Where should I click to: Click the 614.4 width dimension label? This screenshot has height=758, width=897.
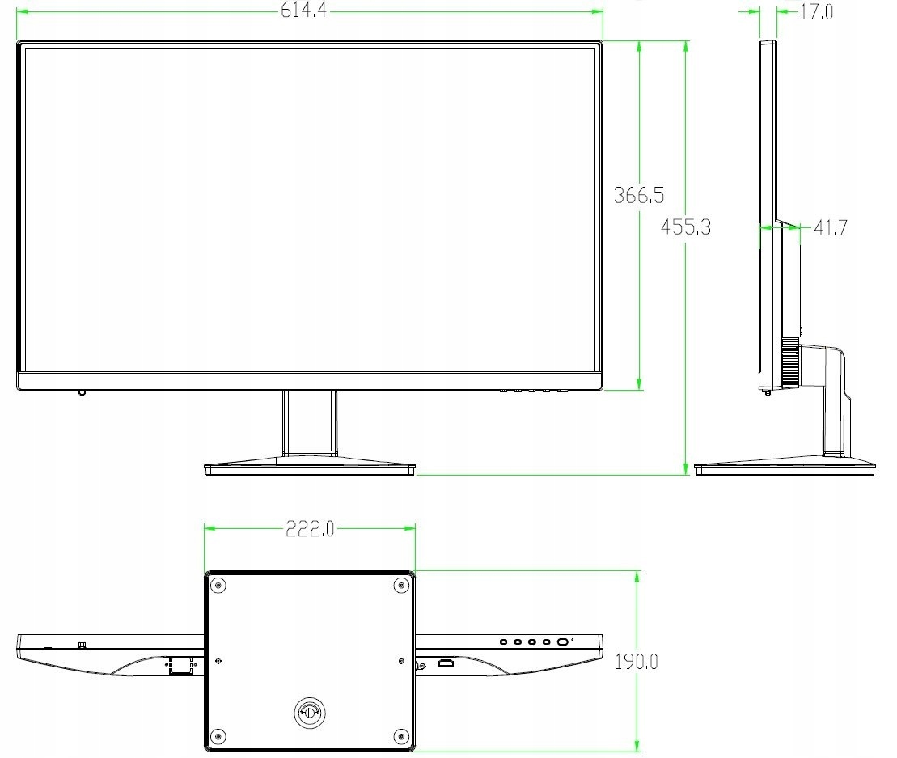pos(303,11)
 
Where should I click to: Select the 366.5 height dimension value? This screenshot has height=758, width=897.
pos(639,195)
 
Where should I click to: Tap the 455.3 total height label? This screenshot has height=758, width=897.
pos(685,227)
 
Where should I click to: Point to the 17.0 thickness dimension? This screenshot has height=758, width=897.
pos(816,12)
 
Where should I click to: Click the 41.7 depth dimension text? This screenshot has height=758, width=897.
pos(829,228)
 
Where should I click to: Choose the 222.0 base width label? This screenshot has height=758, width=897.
pos(309,529)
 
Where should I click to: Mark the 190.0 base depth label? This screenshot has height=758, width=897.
pos(636,662)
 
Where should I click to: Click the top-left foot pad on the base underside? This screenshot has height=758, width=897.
pos(217,586)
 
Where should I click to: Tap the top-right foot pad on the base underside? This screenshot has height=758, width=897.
pos(401,586)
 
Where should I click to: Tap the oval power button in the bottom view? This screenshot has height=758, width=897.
pos(562,642)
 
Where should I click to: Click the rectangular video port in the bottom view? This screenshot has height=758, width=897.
pos(445,664)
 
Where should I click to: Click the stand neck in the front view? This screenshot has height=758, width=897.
pos(309,421)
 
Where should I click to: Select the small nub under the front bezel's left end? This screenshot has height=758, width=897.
pos(82,394)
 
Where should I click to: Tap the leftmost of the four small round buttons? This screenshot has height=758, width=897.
pos(503,642)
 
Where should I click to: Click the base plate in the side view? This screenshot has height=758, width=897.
pos(785,468)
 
